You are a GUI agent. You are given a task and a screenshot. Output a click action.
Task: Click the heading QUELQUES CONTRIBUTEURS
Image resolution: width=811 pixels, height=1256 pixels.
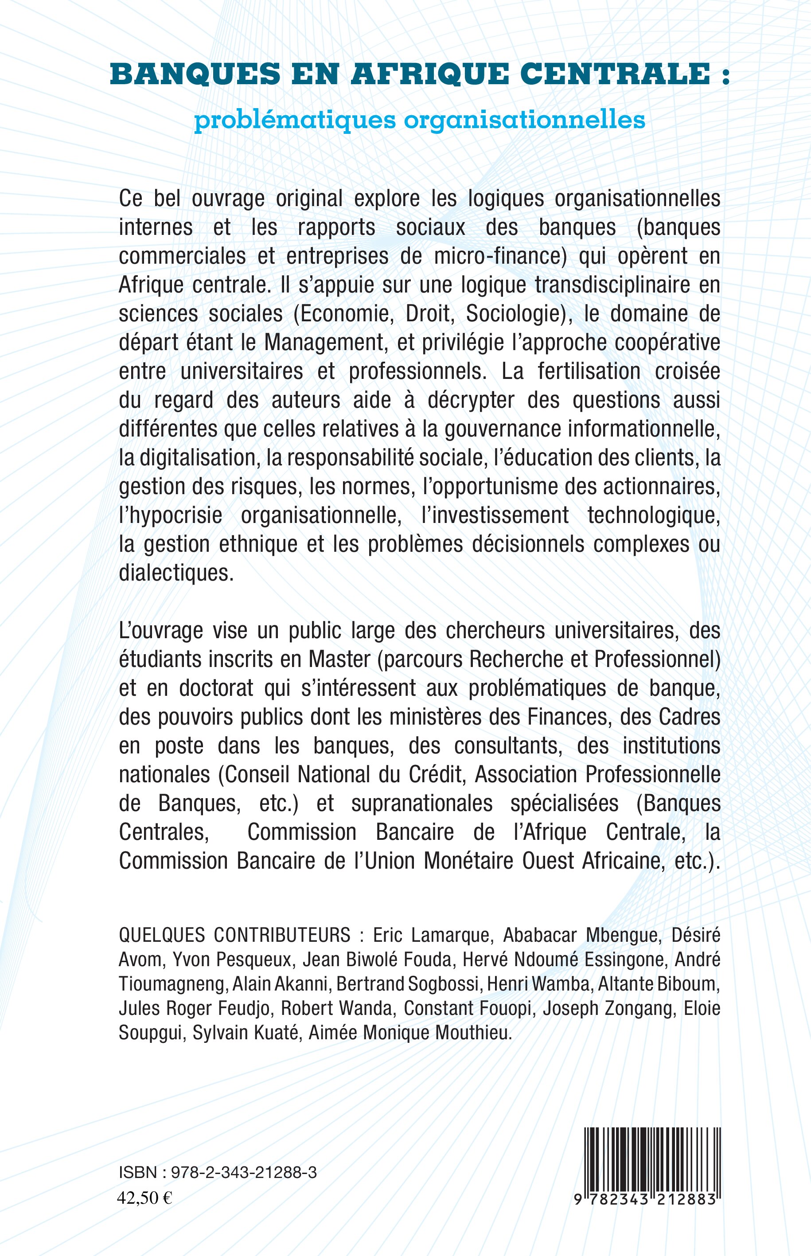click(x=234, y=935)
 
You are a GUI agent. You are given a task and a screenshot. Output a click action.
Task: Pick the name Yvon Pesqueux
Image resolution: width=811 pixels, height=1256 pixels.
click(x=232, y=960)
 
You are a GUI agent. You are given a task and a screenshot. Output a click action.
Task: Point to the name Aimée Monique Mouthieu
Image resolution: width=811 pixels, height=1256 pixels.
click(x=410, y=1033)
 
